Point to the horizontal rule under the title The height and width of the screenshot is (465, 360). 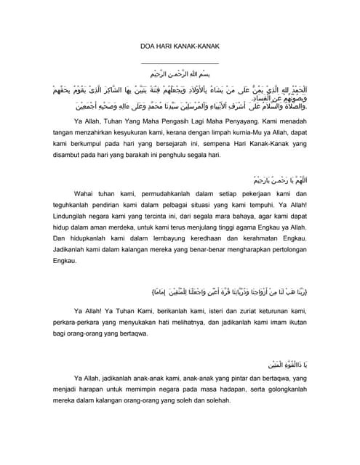coord(179,63)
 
